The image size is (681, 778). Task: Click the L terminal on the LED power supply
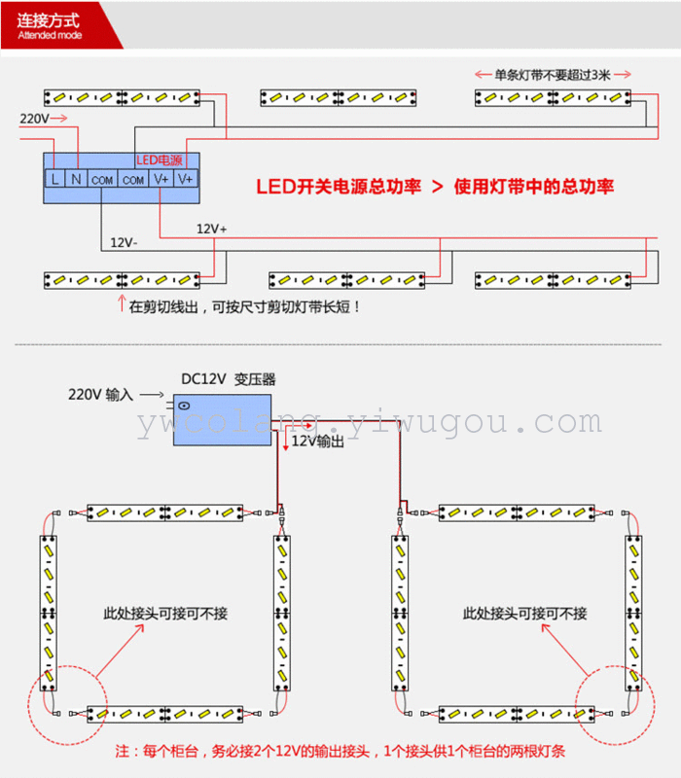coord(54,179)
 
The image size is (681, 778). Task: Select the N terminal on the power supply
coord(76,179)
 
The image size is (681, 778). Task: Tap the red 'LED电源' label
coord(160,160)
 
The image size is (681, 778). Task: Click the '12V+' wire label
coord(211,229)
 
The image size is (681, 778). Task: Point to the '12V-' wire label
coord(124,242)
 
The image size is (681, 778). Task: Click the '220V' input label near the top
coord(34,119)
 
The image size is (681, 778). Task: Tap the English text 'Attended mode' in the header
coord(50,35)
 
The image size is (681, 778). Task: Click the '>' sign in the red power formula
coord(437,187)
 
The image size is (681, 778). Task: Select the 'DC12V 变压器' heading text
coord(229,379)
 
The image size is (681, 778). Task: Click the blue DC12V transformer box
coord(222,420)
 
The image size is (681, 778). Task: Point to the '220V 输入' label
coord(101,395)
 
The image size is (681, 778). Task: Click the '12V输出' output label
coord(318,442)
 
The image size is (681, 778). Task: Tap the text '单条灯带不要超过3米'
coord(553,75)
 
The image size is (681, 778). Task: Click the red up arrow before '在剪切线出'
coord(121,303)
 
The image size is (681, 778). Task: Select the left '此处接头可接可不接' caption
coord(165,614)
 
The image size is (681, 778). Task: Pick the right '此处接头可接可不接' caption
coord(524,614)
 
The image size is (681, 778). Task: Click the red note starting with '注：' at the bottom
coord(340,751)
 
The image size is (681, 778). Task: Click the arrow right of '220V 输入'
coord(152,395)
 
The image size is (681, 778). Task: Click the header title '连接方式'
coord(48,20)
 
